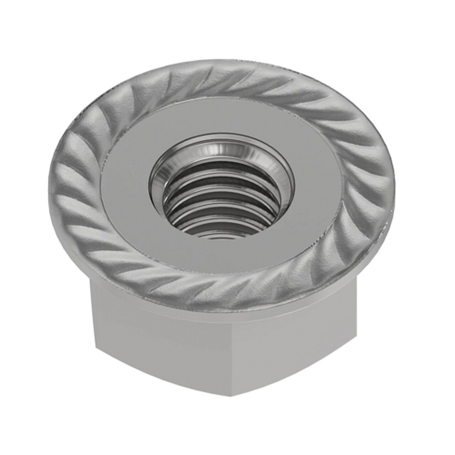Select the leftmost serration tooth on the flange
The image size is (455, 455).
pyautogui.click(x=62, y=181)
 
